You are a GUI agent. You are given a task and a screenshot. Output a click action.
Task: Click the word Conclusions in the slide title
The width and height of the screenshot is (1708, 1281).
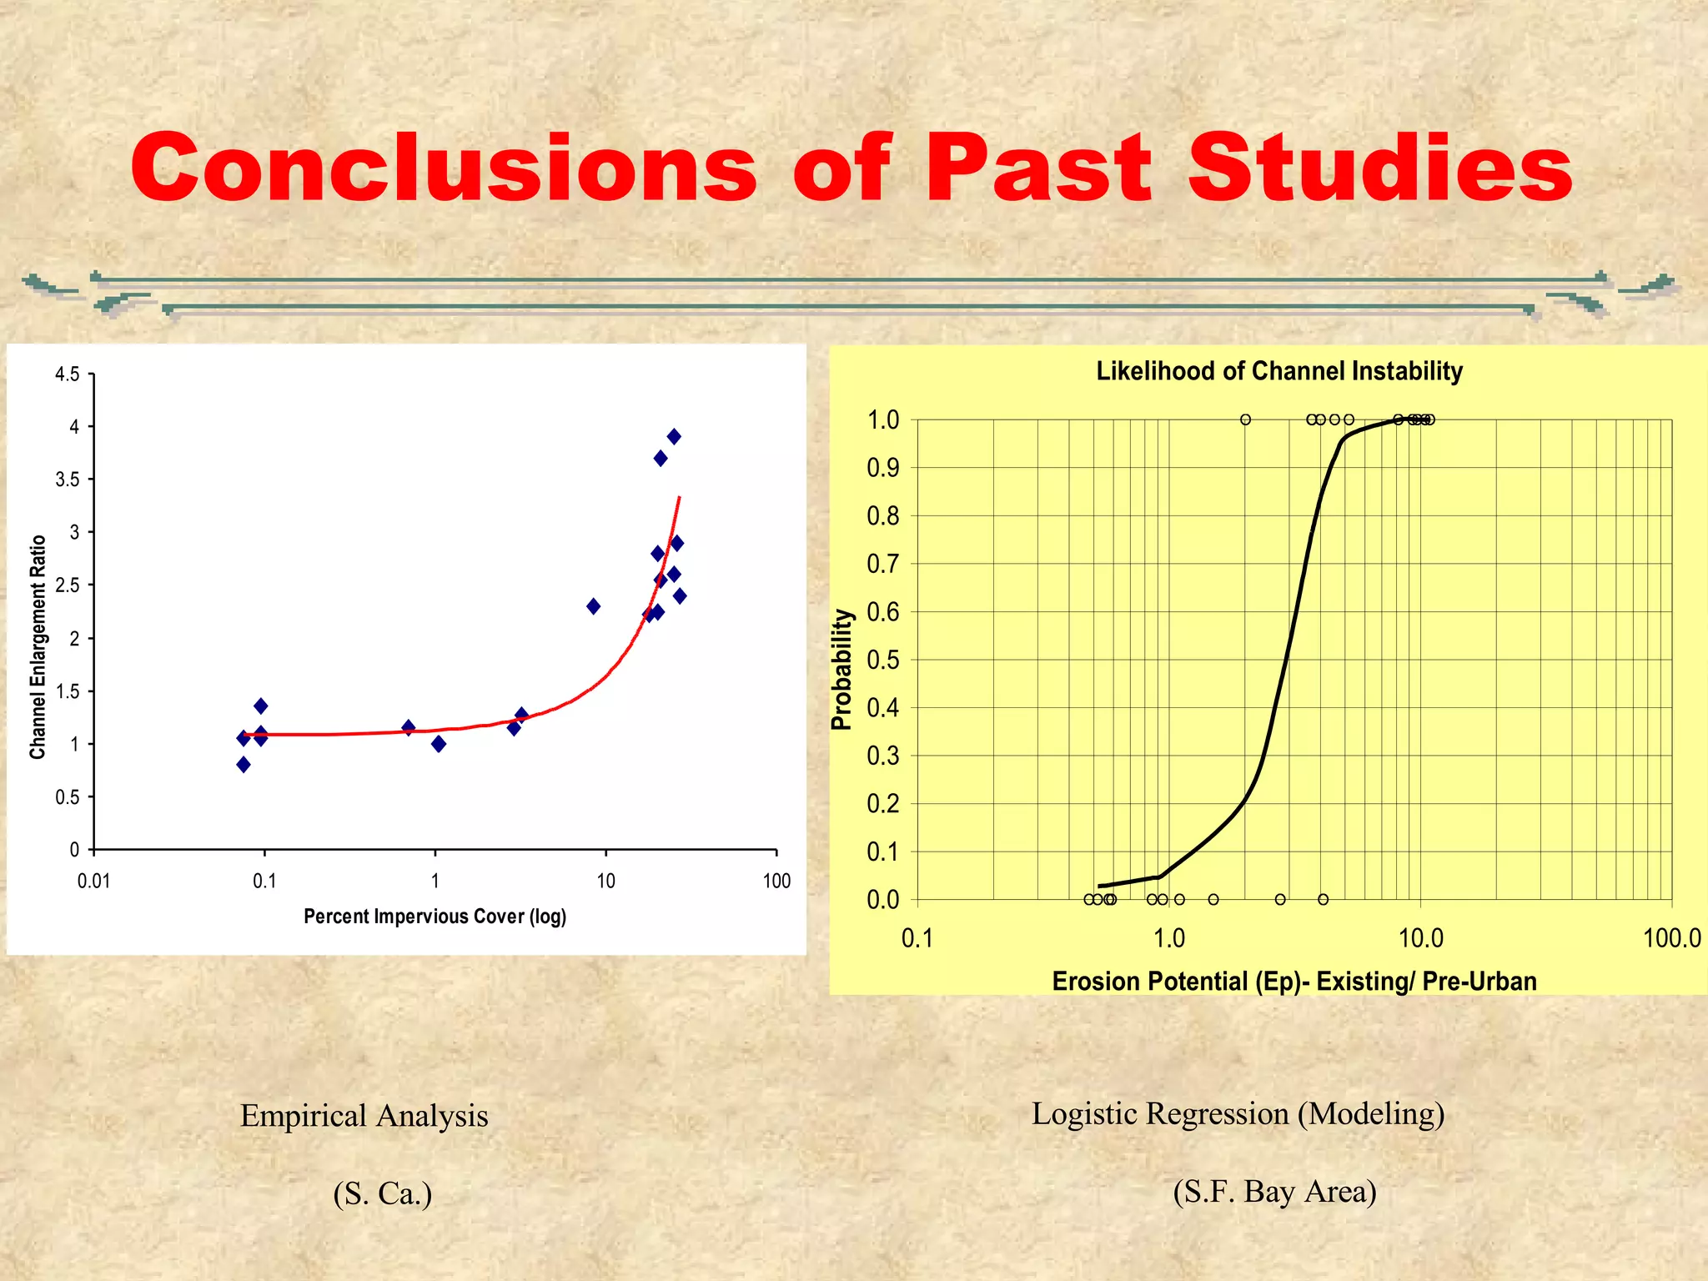443,169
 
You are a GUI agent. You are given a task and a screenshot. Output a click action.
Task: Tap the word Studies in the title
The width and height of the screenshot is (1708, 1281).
1380,169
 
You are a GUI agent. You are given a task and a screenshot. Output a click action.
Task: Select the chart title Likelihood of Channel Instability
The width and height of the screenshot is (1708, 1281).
1278,371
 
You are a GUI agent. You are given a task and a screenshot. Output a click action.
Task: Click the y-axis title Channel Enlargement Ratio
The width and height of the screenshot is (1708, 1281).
38,647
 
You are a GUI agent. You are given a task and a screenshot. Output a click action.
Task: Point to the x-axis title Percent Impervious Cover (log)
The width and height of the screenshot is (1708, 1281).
435,917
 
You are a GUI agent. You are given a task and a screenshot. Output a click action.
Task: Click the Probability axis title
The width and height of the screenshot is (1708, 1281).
842,670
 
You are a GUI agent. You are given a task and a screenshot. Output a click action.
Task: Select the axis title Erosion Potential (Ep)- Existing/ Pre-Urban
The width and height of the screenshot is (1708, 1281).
1294,981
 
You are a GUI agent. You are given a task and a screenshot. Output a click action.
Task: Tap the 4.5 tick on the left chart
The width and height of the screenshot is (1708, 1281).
68,374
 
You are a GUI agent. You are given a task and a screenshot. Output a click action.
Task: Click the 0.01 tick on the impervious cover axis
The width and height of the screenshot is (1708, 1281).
93,881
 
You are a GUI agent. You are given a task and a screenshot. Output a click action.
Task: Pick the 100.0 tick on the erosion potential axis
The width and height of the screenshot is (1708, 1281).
1670,939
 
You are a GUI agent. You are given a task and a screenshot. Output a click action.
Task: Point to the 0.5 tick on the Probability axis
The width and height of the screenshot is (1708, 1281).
883,660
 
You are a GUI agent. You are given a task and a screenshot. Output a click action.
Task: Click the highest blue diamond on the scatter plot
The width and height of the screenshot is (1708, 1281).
674,436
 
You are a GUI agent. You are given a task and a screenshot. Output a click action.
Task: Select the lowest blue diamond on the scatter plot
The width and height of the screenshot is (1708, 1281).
244,764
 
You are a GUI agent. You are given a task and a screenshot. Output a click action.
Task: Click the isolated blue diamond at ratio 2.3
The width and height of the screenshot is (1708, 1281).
593,606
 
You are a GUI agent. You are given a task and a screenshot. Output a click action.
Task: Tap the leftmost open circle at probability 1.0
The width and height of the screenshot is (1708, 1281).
1245,419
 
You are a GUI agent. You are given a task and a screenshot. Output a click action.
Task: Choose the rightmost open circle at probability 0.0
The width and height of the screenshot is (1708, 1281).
1323,899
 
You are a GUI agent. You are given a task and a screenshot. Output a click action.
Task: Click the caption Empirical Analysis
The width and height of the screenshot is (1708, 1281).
364,1116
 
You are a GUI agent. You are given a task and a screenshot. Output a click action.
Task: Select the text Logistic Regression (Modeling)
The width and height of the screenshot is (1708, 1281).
1238,1113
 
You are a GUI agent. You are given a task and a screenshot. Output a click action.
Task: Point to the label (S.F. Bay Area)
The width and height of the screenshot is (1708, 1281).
1274,1191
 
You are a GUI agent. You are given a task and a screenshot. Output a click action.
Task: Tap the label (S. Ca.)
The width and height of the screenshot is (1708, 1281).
382,1193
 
